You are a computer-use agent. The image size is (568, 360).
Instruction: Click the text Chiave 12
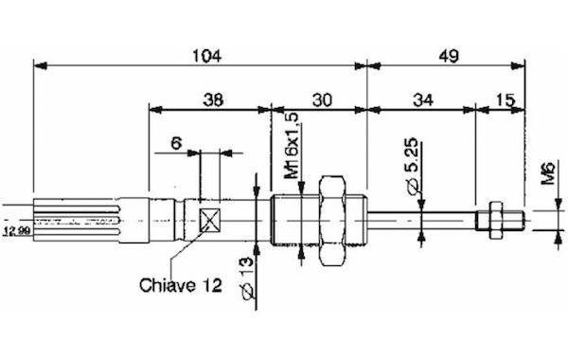click(x=180, y=285)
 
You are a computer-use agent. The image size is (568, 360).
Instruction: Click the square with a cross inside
click(x=210, y=220)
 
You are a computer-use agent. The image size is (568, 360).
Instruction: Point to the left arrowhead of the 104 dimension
click(x=38, y=65)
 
